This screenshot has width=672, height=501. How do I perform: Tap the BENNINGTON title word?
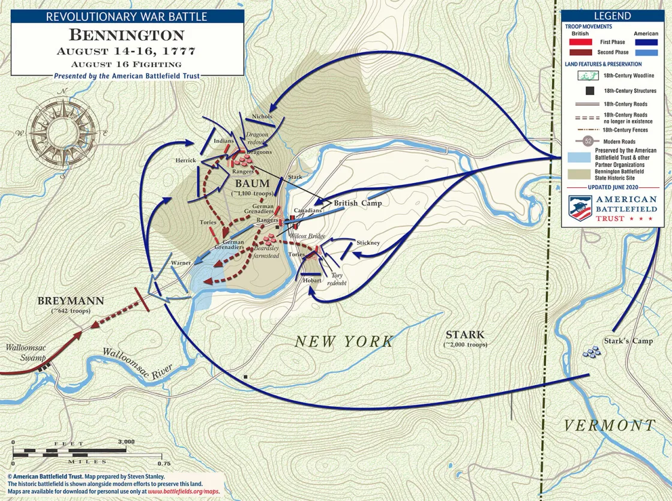click(x=127, y=35)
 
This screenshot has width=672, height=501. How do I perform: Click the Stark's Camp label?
click(x=628, y=341)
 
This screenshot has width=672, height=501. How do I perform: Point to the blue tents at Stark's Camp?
click(x=592, y=352)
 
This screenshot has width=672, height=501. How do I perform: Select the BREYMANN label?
click(x=71, y=301)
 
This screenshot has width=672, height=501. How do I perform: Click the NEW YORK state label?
click(x=344, y=341)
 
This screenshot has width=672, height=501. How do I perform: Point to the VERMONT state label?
click(x=608, y=425)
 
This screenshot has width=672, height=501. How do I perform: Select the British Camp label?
click(x=358, y=203)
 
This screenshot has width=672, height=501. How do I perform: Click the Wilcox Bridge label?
click(x=307, y=236)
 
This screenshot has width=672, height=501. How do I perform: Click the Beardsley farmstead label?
click(x=266, y=251)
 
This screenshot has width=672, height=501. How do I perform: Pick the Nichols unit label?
click(x=262, y=116)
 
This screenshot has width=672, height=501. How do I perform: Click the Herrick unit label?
click(x=185, y=160)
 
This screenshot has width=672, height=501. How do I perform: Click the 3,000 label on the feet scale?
click(x=127, y=442)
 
